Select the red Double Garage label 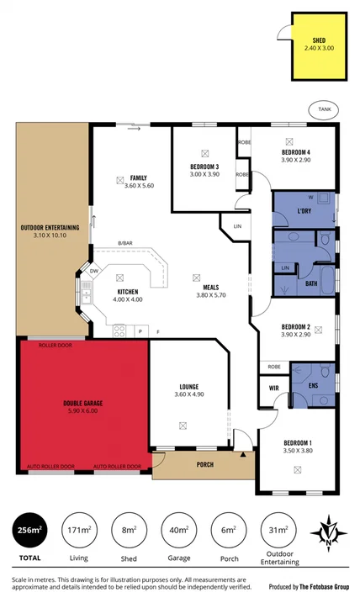pyautogui.click(x=82, y=404)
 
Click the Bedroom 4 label pyautogui.click(x=295, y=153)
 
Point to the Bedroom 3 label pyautogui.click(x=204, y=167)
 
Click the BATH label pyautogui.click(x=310, y=283)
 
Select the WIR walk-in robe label pyautogui.click(x=273, y=387)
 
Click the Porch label pyautogui.click(x=204, y=464)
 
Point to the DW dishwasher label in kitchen pyautogui.click(x=94, y=271)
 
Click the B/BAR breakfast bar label pyautogui.click(x=126, y=243)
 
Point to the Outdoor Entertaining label pyautogui.click(x=50, y=231)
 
